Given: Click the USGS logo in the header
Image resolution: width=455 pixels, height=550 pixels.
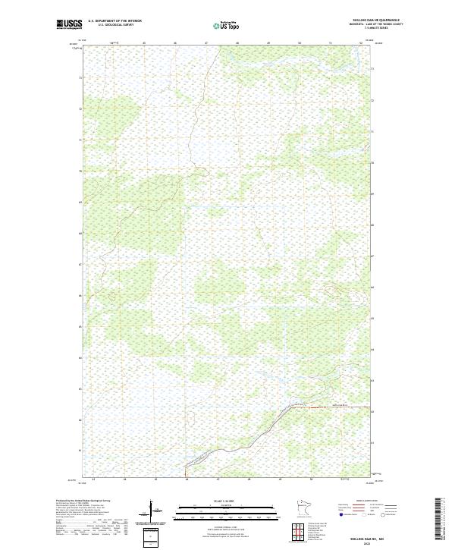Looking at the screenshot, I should pyautogui.click(x=70, y=24).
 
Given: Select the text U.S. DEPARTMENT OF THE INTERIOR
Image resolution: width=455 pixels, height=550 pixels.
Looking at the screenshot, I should pyautogui.click(x=115, y=21).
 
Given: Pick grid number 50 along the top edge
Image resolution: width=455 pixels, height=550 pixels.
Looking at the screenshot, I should pyautogui.click(x=300, y=43).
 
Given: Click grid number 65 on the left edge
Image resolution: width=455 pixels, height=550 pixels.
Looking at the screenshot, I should pyautogui.click(x=80, y=327).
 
